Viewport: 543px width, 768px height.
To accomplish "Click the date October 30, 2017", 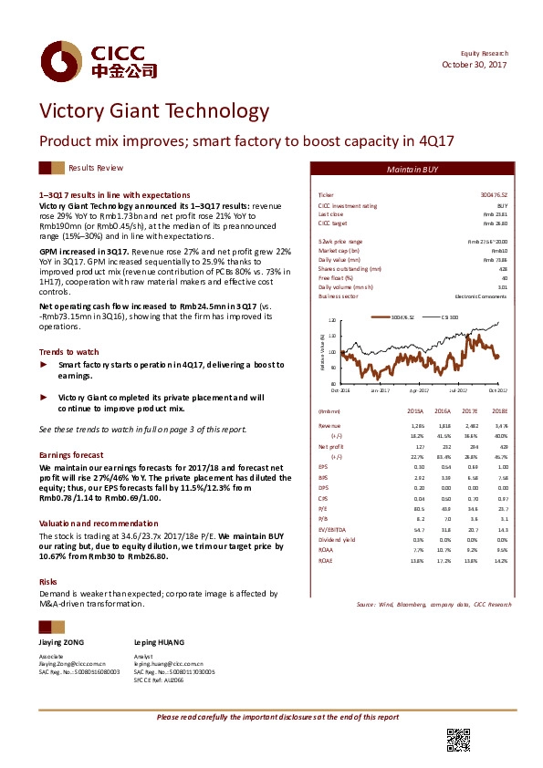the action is click(x=474, y=65).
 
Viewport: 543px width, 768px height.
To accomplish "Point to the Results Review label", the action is click(x=96, y=169).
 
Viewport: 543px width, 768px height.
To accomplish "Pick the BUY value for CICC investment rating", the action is click(x=500, y=206).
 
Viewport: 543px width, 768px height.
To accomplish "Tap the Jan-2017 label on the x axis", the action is click(x=381, y=389).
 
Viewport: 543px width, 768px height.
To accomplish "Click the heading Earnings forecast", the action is click(x=69, y=453).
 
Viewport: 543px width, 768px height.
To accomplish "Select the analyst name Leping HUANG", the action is click(x=159, y=643).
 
